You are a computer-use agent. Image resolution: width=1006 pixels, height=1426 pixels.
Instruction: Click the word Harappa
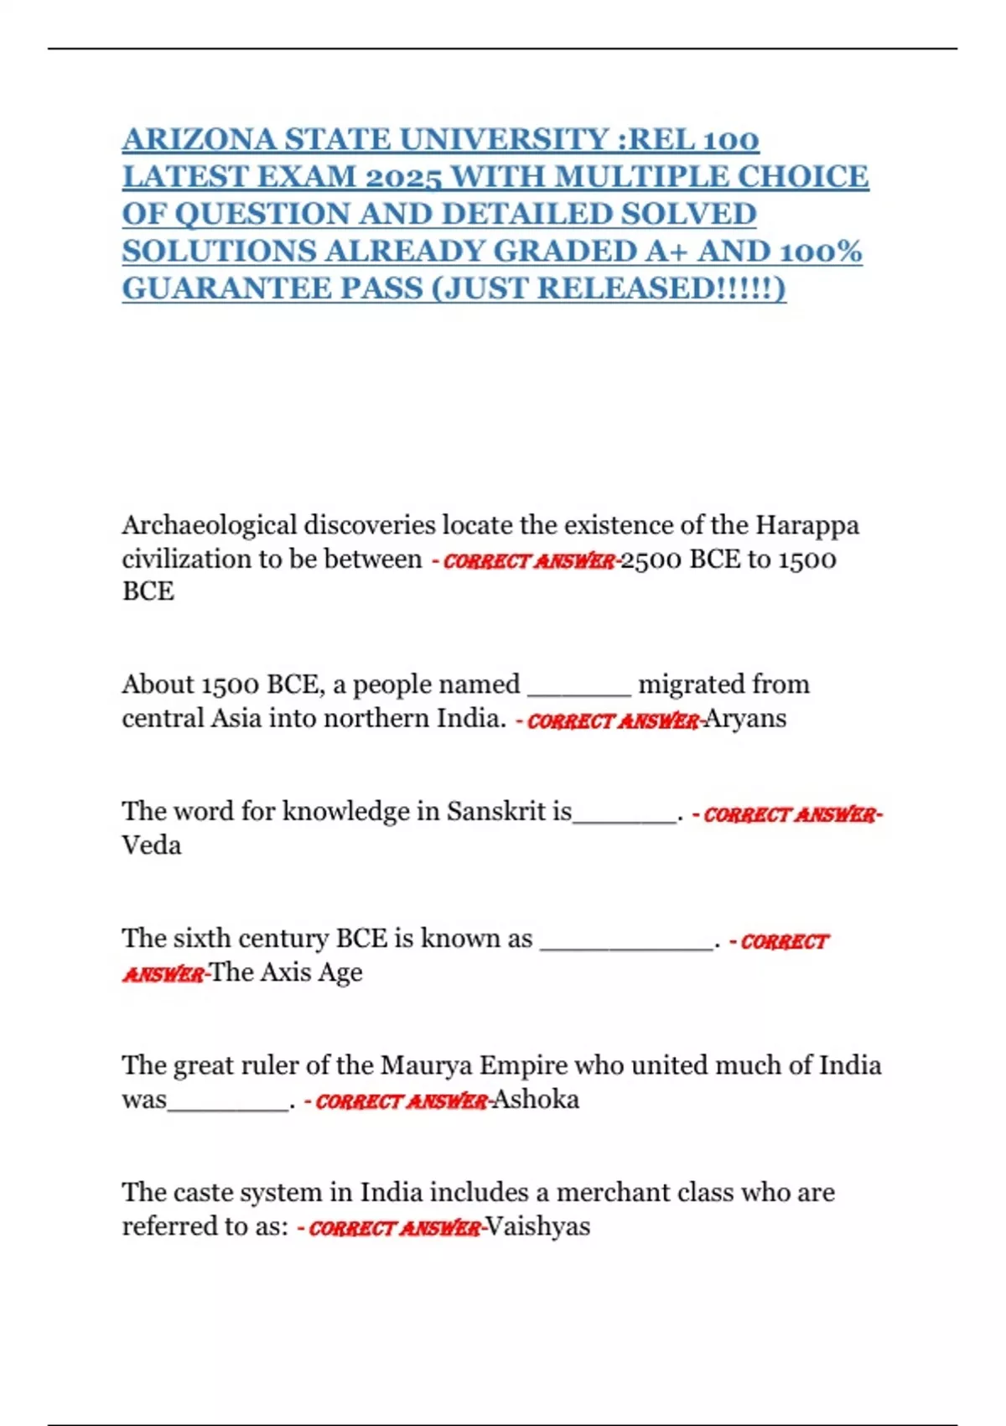pos(806,525)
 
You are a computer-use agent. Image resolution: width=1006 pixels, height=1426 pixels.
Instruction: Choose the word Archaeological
pos(209,525)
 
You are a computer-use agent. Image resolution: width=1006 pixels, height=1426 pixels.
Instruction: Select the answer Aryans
pos(745,719)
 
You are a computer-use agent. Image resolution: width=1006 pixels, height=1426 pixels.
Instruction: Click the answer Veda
pos(151,845)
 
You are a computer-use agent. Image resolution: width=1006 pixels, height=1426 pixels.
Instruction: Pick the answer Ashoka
pos(536,1099)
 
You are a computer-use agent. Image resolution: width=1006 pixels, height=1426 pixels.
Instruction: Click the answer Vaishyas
pos(538,1226)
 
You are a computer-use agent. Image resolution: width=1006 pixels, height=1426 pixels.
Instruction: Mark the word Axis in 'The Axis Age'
pos(286,972)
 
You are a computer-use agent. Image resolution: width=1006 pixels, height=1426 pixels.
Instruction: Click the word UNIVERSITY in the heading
pos(504,139)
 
